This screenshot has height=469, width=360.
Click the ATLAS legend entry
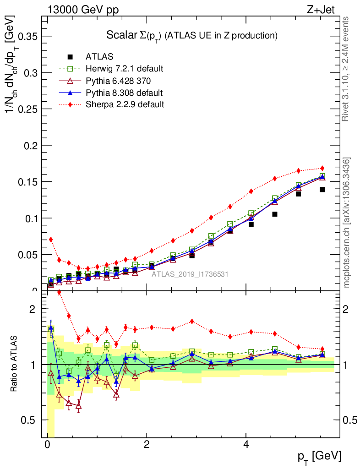tap(99, 57)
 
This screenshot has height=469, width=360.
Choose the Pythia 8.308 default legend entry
tap(124, 93)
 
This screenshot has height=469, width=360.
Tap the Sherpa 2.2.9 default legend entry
tap(125, 104)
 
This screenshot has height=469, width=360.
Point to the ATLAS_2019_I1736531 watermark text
tap(190, 274)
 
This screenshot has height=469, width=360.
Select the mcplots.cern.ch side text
tap(347, 223)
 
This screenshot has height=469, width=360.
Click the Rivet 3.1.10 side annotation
tap(347, 69)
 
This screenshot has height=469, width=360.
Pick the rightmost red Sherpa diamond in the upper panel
tap(322, 168)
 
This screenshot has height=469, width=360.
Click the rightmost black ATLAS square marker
tap(322, 189)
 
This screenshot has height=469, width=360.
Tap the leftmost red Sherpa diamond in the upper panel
tap(51, 240)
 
